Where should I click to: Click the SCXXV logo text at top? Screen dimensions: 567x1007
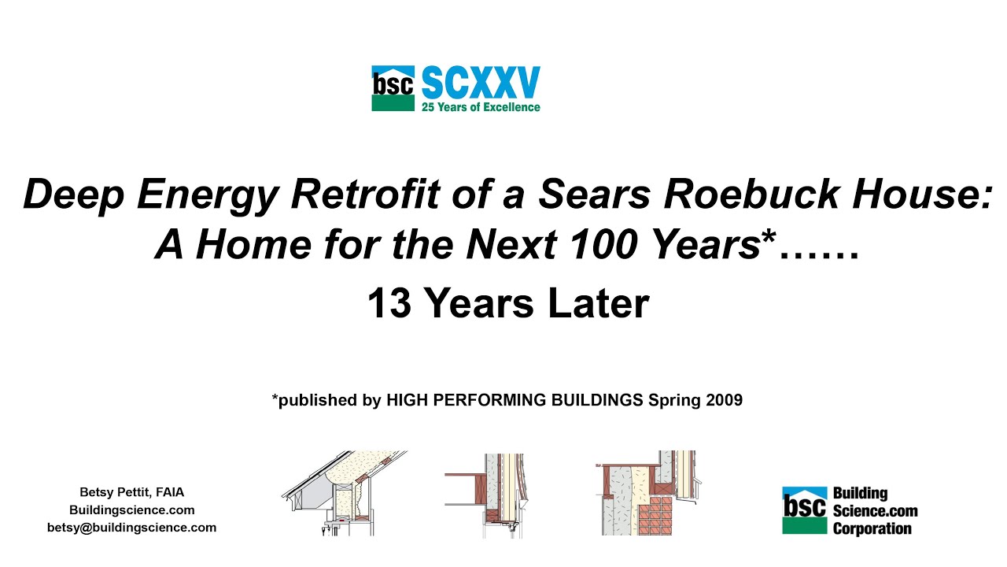pos(481,83)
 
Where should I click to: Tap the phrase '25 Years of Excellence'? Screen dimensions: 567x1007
pos(481,106)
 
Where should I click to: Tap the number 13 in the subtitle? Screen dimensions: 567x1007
pos(390,305)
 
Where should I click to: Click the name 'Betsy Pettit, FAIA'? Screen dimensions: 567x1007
pos(131,492)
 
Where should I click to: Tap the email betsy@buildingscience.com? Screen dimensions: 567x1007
pos(131,528)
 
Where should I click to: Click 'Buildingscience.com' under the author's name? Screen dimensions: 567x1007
pos(131,510)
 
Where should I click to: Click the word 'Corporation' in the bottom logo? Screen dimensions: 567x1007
pos(872,528)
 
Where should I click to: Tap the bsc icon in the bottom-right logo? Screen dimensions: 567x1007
pos(804,510)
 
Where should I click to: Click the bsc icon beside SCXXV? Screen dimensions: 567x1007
pos(393,88)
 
